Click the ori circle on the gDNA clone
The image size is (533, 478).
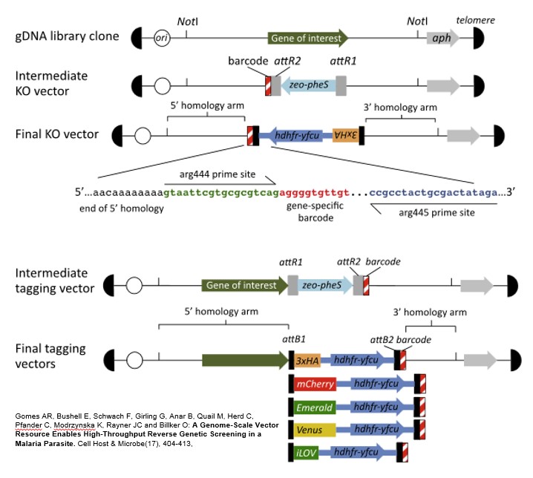point(161,37)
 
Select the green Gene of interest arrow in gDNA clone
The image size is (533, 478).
point(308,37)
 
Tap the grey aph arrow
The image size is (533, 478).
point(442,37)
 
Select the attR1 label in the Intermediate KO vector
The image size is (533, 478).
point(343,63)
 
